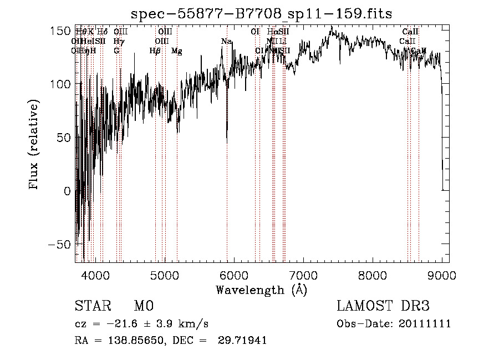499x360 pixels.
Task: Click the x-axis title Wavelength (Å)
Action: [261, 290]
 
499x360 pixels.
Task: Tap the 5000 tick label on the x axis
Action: [165, 275]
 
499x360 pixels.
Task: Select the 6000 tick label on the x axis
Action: [234, 275]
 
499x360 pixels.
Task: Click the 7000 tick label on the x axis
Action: [303, 275]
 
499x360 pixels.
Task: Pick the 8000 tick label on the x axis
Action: [373, 275]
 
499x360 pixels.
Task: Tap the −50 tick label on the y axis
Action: [60, 245]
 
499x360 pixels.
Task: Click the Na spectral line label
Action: [226, 42]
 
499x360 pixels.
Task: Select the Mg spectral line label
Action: [177, 51]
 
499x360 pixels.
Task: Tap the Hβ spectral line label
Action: [155, 51]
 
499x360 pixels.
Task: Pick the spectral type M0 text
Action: [143, 306]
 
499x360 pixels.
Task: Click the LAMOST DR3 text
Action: [383, 306]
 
